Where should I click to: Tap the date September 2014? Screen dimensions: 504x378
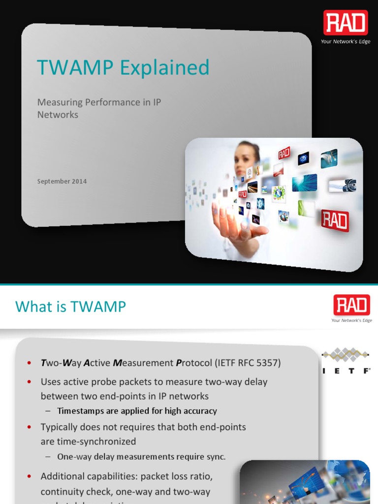point(62,181)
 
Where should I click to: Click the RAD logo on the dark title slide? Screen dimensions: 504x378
point(346,24)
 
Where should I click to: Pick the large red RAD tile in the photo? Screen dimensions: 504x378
point(335,220)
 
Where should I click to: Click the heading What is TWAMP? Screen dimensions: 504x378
point(70,307)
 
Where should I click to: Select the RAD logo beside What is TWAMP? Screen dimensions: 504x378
point(351,305)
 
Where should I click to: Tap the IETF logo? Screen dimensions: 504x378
point(346,361)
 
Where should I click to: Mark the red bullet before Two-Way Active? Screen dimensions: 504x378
point(30,363)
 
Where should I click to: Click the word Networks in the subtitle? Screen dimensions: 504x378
point(58,115)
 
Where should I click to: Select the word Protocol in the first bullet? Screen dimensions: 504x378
point(193,363)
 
